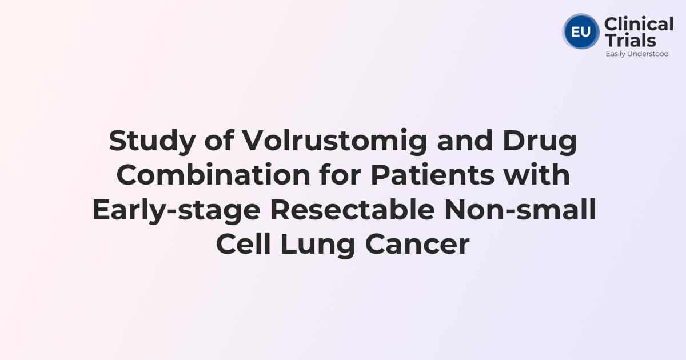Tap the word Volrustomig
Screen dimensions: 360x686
coord(334,141)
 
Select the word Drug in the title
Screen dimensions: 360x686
coord(540,141)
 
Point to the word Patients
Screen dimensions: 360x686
coord(433,175)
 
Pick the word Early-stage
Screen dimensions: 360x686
coord(176,211)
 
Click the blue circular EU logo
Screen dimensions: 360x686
coord(581,31)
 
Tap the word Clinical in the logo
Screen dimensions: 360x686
coord(639,25)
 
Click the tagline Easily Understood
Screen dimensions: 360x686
coord(637,54)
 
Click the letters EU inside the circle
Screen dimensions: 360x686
coord(581,31)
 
